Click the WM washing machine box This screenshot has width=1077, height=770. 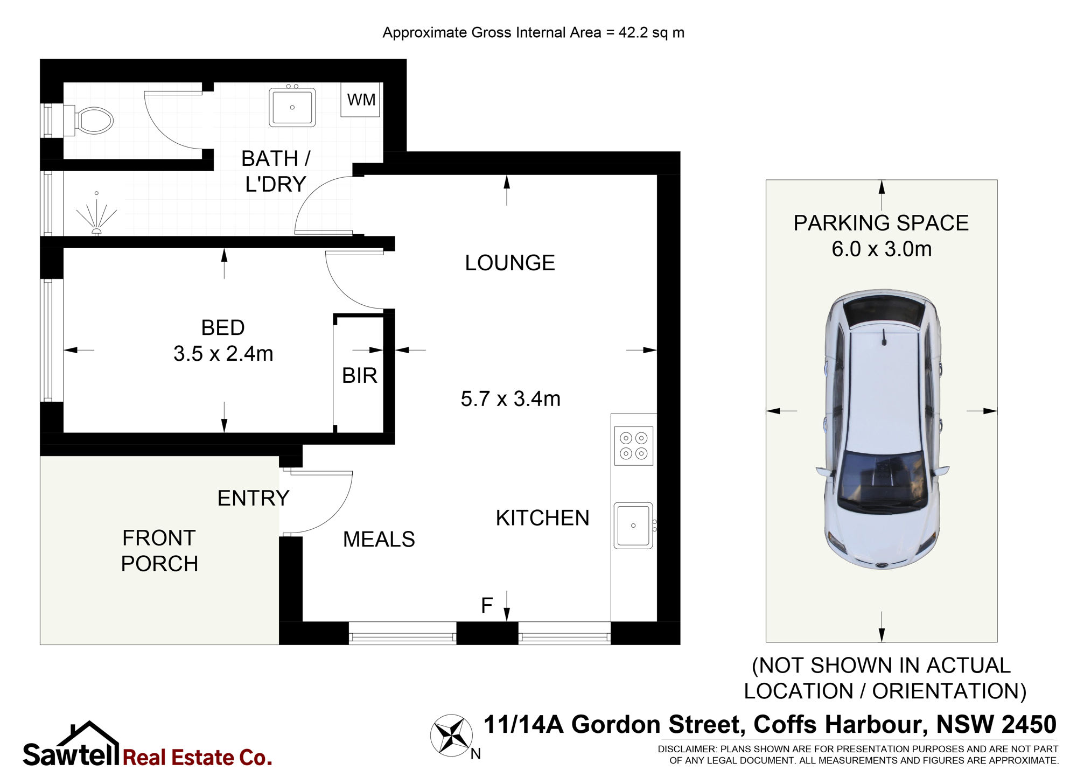360,100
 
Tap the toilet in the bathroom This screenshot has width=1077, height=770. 89,120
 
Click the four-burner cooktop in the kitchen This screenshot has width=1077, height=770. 634,446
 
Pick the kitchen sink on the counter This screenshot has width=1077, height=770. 634,526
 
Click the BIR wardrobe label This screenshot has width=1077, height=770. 359,376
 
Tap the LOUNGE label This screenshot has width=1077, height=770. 510,263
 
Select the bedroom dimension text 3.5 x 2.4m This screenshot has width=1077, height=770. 223,354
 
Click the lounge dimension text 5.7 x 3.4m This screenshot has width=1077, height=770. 510,399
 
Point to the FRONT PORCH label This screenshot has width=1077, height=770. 160,551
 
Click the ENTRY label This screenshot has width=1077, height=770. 253,498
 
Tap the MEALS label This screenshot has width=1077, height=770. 379,539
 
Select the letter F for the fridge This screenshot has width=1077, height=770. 487,606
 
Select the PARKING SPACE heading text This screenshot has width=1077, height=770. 881,223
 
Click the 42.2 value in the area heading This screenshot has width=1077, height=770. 633,32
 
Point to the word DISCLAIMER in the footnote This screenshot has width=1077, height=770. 687,749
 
